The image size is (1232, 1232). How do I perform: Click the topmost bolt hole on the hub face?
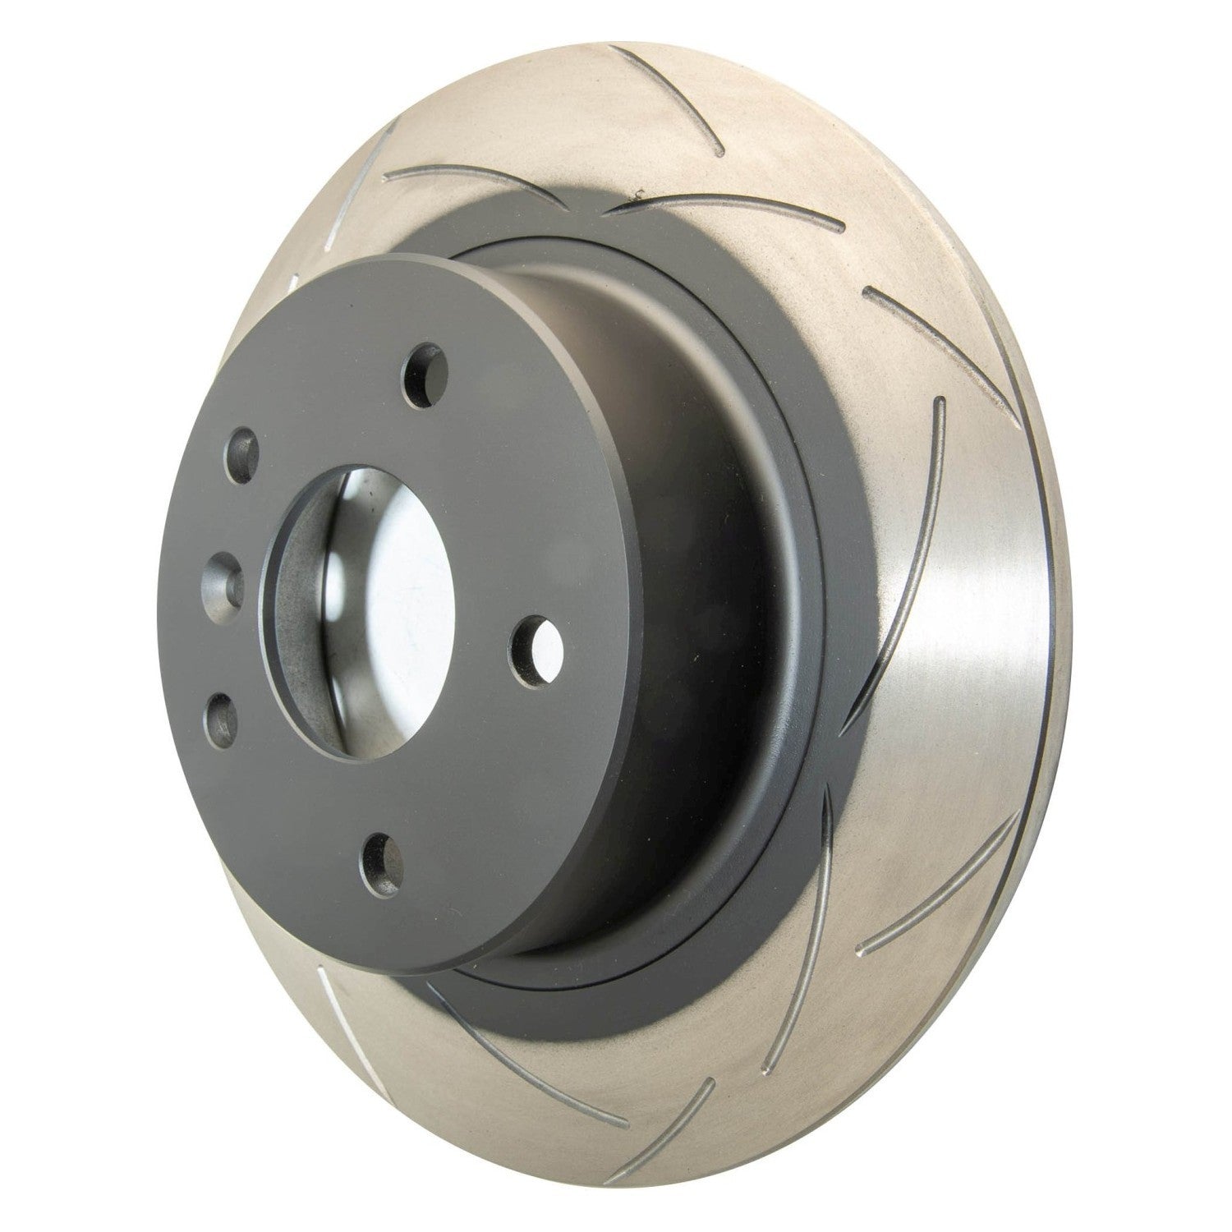tap(426, 375)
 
